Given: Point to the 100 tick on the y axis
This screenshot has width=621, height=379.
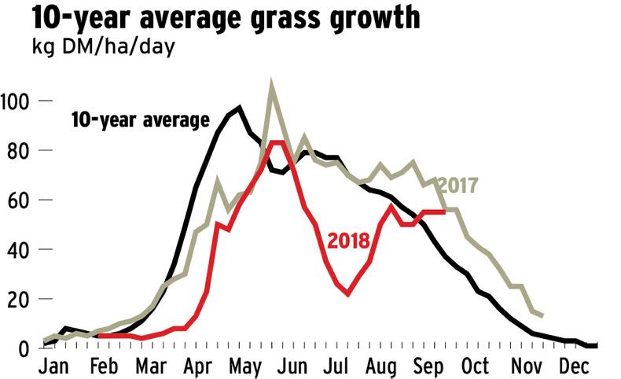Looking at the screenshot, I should tap(17, 101).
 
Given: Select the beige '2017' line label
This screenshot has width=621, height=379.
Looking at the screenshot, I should tap(457, 186).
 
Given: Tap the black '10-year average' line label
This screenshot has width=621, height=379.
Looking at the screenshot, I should tap(140, 120).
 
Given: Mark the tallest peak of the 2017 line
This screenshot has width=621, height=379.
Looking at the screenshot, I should tap(272, 83).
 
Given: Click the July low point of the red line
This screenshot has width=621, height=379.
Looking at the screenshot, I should tap(347, 294).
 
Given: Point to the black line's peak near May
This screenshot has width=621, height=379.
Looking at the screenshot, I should tap(240, 108).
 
